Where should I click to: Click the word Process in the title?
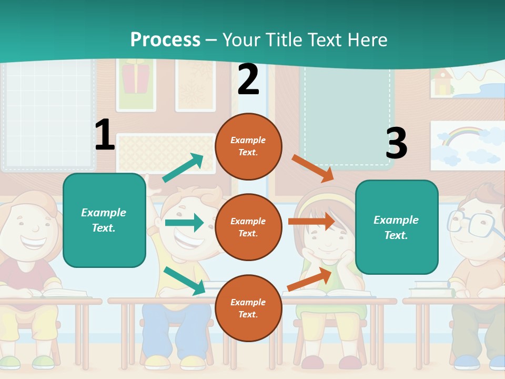coord(165,40)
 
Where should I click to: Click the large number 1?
coord(105,135)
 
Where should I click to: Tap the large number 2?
coord(248,79)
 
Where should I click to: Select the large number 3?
coord(396,143)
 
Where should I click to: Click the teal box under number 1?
coord(104,220)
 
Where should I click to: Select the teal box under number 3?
coord(397,227)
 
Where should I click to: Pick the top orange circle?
coord(248,146)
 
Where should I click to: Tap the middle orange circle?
coord(248,227)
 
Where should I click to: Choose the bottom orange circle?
coord(248,308)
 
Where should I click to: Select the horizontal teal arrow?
coord(184,223)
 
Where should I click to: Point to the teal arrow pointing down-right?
coord(185,281)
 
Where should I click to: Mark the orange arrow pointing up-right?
coord(309,280)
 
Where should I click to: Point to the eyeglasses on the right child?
coord(473,223)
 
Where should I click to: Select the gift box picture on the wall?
coord(136,78)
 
